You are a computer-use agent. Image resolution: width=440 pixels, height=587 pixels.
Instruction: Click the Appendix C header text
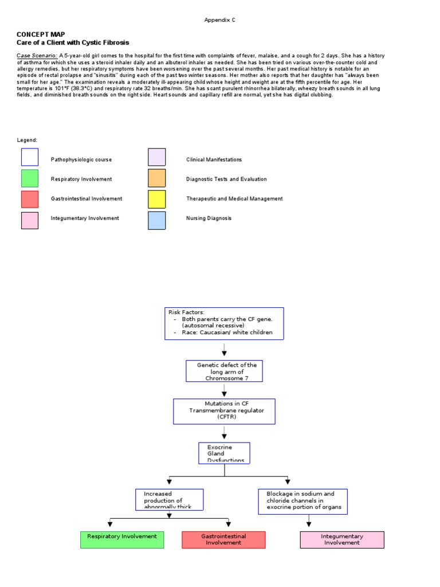click(x=220, y=20)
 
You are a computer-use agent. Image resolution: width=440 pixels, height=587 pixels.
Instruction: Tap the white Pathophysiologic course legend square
click(x=30, y=158)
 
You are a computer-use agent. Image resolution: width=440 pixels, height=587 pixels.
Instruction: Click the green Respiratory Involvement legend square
click(x=30, y=179)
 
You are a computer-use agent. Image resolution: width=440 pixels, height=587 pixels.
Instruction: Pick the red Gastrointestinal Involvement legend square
click(x=30, y=199)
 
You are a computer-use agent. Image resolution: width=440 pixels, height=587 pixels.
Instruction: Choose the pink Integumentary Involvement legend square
click(x=30, y=220)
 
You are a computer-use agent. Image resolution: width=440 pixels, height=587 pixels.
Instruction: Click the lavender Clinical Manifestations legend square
click(x=157, y=158)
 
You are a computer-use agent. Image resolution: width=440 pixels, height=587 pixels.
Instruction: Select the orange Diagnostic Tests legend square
click(x=157, y=179)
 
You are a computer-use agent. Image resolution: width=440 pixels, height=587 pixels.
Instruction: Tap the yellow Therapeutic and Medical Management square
click(x=157, y=199)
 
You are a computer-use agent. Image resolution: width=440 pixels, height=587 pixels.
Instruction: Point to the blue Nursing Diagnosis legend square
click(x=157, y=220)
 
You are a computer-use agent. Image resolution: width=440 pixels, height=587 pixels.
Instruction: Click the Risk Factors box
click(x=224, y=323)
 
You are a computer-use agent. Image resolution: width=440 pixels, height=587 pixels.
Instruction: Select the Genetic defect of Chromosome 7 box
click(x=224, y=371)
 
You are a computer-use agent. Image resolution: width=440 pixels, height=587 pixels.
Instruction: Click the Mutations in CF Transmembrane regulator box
click(x=224, y=411)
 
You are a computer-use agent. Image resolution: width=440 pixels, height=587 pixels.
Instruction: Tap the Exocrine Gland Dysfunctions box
click(x=224, y=453)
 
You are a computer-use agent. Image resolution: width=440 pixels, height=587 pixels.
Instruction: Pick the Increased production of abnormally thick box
click(x=170, y=499)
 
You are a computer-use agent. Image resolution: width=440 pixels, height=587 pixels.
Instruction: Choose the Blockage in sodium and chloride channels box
click(x=303, y=502)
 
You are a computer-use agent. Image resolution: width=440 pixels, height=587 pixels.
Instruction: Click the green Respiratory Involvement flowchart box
click(x=122, y=539)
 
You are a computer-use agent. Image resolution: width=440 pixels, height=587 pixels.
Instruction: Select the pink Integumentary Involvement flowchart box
click(x=342, y=539)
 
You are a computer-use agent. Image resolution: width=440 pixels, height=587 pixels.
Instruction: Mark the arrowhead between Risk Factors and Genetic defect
click(x=224, y=353)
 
